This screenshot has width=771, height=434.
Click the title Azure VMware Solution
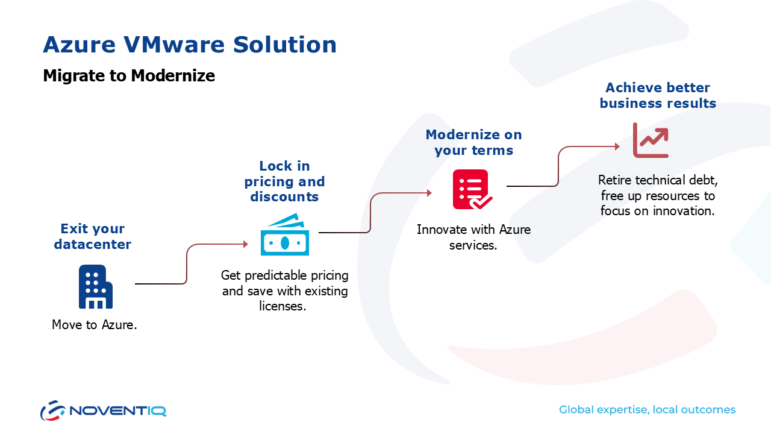pos(190,45)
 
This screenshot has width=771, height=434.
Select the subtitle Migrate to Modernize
pos(129,76)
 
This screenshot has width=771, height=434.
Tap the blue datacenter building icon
pos(95,287)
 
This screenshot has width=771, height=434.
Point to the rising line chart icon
pos(651,140)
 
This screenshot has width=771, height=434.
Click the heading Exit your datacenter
pos(93,236)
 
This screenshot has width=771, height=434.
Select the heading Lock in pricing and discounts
pos(285,181)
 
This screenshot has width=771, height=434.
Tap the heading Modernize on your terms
pos(474,142)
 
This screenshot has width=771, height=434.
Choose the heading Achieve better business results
pos(658,95)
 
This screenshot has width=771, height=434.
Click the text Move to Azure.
pos(95,325)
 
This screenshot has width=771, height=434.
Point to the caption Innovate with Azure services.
pos(473,237)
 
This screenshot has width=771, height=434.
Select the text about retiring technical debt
pos(658,195)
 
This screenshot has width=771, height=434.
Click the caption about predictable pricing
pos(285,291)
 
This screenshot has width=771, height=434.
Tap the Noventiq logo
pos(103,410)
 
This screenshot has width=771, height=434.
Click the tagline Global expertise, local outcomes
pos(647,410)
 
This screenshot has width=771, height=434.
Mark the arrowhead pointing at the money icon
pos(245,244)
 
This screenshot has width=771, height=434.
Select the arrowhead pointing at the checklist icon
pos(429,193)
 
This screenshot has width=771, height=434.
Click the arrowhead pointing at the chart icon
pos(616,146)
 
